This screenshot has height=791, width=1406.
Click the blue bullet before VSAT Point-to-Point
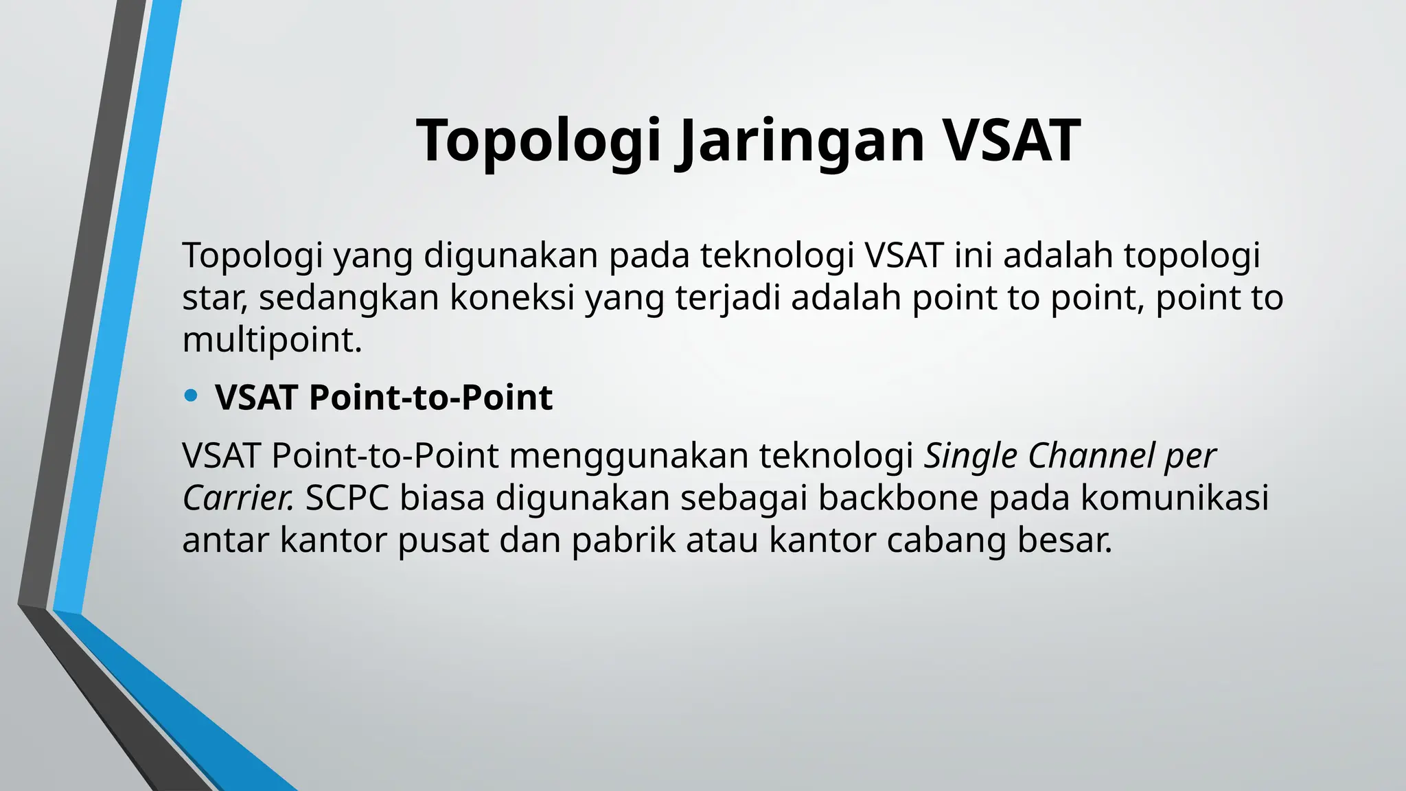pyautogui.click(x=191, y=395)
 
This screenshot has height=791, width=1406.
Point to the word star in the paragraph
pyautogui.click(x=210, y=298)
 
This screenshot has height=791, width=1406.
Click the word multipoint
pyautogui.click(x=271, y=341)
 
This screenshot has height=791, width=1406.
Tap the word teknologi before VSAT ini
pyautogui.click(x=776, y=255)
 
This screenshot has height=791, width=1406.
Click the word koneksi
pyautogui.click(x=511, y=298)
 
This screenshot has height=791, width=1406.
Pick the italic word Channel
pyautogui.click(x=1091, y=456)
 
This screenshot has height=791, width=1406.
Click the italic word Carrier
pyautogui.click(x=238, y=498)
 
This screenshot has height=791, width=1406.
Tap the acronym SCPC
pyautogui.click(x=347, y=498)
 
